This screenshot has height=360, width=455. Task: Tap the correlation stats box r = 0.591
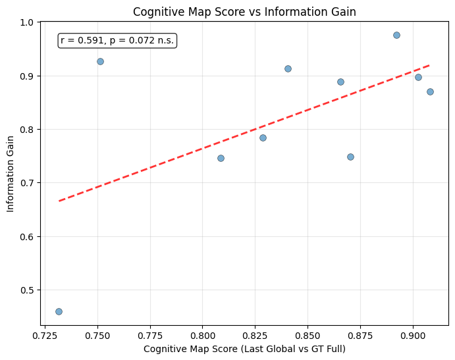click(x=117, y=41)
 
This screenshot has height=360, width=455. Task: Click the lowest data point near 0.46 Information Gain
click(x=59, y=311)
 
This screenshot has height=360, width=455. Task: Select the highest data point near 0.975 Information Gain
click(x=396, y=35)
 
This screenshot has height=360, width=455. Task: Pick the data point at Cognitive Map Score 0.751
click(x=100, y=61)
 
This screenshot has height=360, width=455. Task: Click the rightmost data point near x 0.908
click(x=430, y=91)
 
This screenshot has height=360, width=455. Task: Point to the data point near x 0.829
click(x=263, y=138)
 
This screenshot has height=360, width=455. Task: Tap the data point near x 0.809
click(x=221, y=158)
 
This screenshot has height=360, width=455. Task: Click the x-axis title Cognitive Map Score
click(x=244, y=349)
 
